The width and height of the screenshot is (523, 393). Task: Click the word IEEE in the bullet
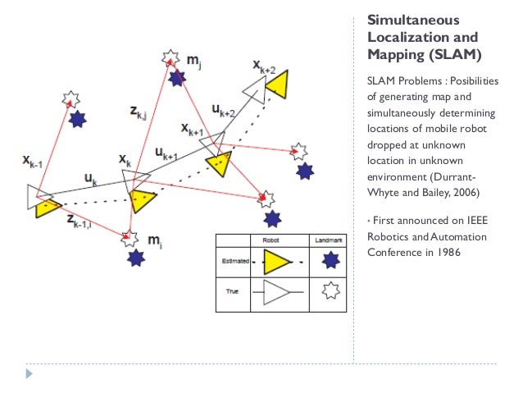(472, 222)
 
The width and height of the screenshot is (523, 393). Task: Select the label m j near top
(195, 60)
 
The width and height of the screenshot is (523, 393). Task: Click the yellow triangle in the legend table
(276, 262)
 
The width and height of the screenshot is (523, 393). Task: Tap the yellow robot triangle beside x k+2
(276, 83)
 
